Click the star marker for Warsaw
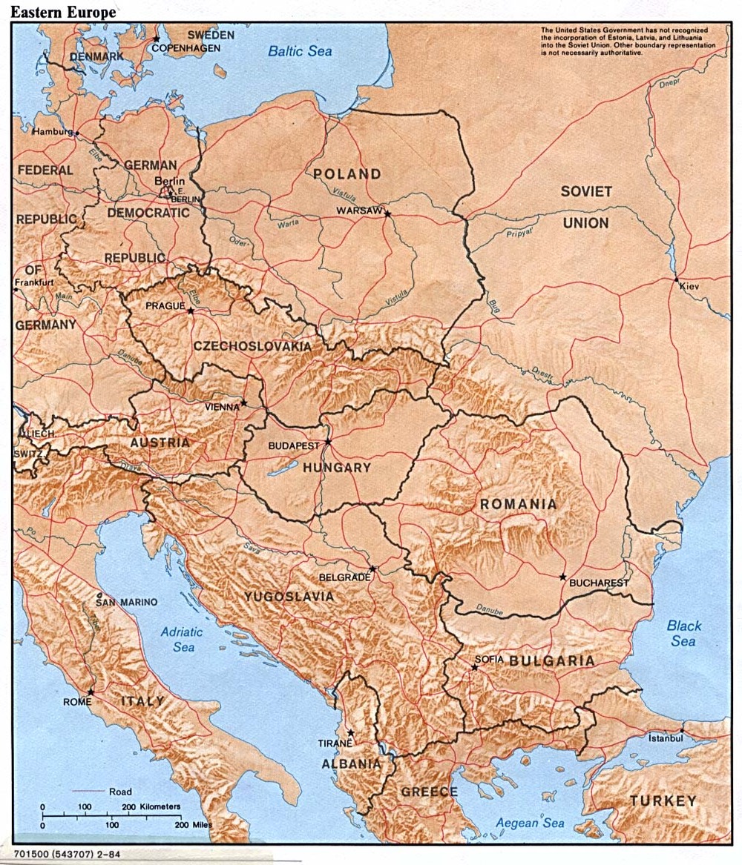pos(387,213)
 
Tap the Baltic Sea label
pos(300,51)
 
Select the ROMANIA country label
pos(518,505)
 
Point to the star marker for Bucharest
pos(563,577)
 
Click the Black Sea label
pos(683,633)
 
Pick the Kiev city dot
pos(676,280)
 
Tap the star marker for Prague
pos(191,311)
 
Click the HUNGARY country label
pos(336,468)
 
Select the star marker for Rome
pos(91,692)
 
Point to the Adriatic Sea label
pos(181,640)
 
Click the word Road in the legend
pos(120,792)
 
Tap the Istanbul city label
pos(664,738)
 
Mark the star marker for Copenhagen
pos(156,39)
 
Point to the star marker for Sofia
pos(474,667)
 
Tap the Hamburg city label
pos(52,131)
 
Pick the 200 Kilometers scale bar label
pos(154,806)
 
